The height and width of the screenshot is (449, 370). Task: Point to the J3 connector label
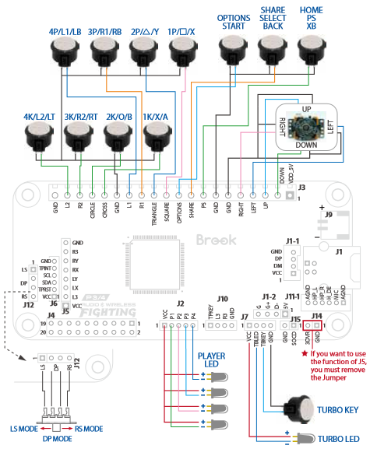click(x=302, y=188)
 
